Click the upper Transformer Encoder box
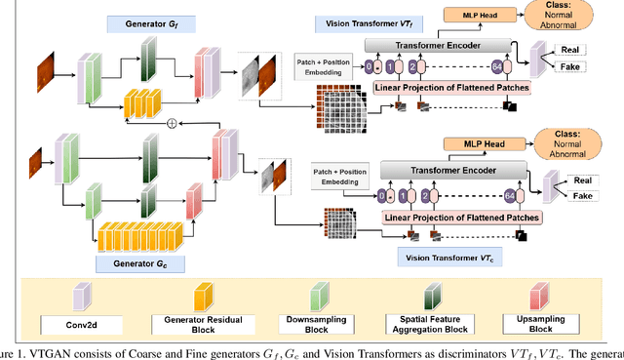click(437, 45)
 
